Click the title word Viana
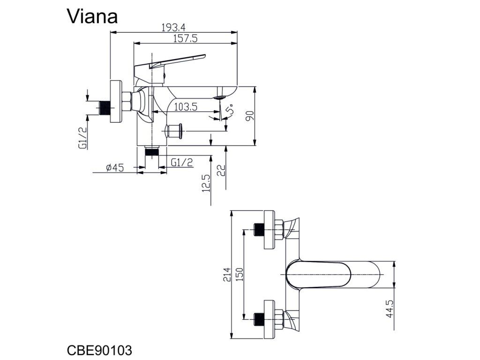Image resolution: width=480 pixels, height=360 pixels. click(92, 16)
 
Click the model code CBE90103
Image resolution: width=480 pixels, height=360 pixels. click(99, 350)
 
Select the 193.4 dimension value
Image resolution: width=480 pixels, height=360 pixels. click(173, 28)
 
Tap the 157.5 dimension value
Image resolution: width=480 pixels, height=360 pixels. click(186, 39)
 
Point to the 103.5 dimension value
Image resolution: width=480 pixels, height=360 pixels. click(186, 107)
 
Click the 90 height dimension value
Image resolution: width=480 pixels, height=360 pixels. click(250, 116)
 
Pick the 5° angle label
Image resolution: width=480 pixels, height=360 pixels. click(230, 110)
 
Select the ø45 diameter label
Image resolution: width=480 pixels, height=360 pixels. click(115, 168)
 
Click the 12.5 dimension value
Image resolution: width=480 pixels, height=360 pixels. click(206, 183)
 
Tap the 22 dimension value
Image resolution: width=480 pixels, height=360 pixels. click(221, 171)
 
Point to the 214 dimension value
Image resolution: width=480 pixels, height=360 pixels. click(227, 275)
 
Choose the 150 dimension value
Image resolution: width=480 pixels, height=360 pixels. click(240, 275)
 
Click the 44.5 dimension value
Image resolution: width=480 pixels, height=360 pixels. click(390, 309)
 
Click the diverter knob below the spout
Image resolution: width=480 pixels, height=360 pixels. click(174, 131)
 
